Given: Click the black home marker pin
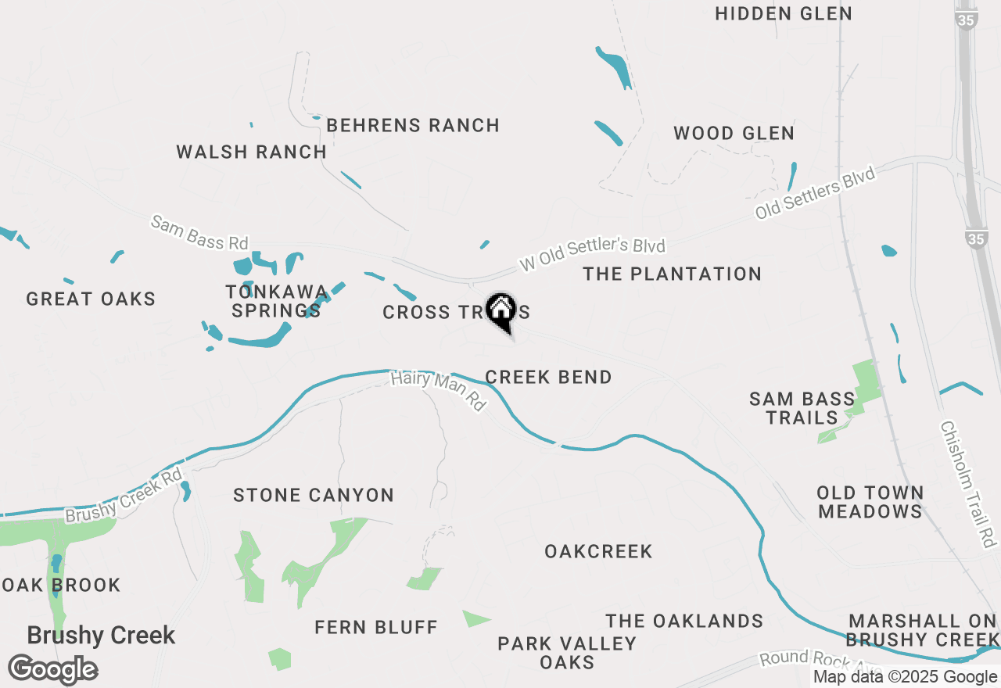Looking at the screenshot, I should coord(500,311).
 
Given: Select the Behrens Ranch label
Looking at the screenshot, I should coord(413,126).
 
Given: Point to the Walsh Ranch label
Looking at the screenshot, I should coord(251,152).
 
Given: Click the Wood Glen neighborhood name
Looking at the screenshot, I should coord(734,134).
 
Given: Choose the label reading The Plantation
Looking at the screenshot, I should coord(672,274).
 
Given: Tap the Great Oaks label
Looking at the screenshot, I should coord(91,299).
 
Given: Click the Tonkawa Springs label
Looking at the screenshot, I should coord(276,302).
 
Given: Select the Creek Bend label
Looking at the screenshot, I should coord(548,378).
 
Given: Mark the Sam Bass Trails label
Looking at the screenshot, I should coord(802,408).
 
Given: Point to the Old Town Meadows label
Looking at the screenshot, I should coord(870,503).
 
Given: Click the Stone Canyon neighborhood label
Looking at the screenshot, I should coord(314,496).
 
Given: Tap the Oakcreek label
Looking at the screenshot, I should coord(598,552).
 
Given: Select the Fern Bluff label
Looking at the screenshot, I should coord(376,628).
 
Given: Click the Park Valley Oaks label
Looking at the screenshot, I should coord(567,653).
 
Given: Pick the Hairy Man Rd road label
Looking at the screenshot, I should coord(438,391).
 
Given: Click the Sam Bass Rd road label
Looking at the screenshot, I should coord(199,233).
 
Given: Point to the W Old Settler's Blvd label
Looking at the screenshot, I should coord(592,256).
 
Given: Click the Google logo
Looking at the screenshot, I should coord(53,670).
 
